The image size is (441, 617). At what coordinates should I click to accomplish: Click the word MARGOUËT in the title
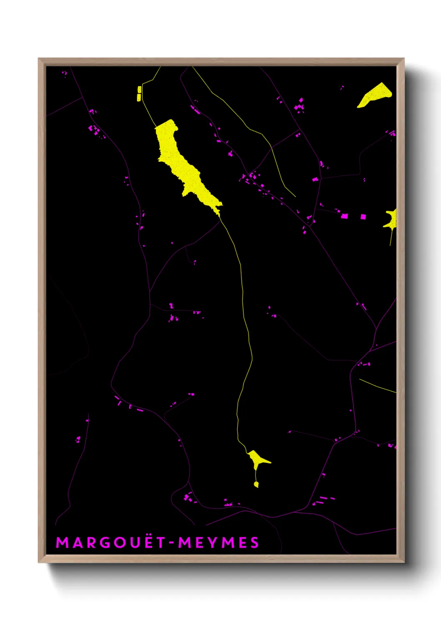tap(111, 543)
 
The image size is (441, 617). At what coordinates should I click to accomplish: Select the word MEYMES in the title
tap(218, 543)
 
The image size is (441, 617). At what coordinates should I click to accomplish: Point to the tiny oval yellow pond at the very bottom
tap(256, 484)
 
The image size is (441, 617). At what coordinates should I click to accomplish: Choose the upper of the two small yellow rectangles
tap(139, 89)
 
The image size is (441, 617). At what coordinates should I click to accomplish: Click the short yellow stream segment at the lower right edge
tap(377, 386)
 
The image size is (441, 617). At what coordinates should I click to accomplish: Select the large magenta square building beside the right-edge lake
tap(363, 216)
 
